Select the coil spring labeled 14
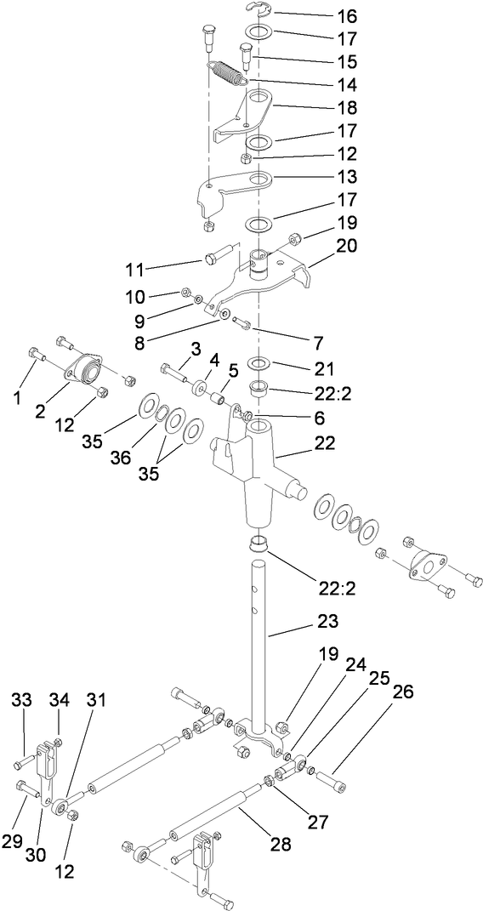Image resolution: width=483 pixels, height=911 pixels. (x=227, y=71)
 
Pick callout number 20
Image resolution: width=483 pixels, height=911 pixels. (x=324, y=246)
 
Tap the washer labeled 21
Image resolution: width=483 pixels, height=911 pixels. (x=259, y=365)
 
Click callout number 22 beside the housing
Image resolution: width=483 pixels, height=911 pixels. (x=324, y=443)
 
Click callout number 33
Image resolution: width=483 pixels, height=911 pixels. (x=21, y=699)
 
